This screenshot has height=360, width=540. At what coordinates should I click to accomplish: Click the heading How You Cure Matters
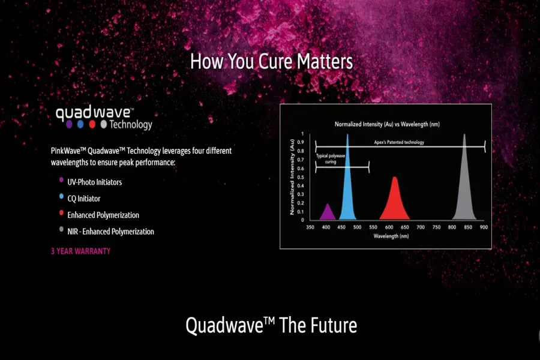(x=271, y=61)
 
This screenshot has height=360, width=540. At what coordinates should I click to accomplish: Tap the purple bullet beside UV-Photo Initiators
(x=61, y=181)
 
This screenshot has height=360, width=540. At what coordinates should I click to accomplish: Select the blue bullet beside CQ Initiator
(x=61, y=197)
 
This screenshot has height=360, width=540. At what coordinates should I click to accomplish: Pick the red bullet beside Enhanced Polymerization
(x=61, y=214)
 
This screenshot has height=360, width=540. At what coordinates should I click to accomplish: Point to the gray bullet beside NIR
(x=61, y=230)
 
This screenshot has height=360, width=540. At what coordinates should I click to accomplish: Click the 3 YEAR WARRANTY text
(x=80, y=251)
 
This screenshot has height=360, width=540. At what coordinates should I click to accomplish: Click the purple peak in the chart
(x=327, y=212)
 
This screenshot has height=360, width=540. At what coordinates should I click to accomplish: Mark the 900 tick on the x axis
(x=484, y=227)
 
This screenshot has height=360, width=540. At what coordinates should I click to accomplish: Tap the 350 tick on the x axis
(x=310, y=227)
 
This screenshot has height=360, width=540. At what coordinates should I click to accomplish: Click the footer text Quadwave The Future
(x=271, y=325)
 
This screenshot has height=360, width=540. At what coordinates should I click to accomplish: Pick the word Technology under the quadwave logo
(x=130, y=125)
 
